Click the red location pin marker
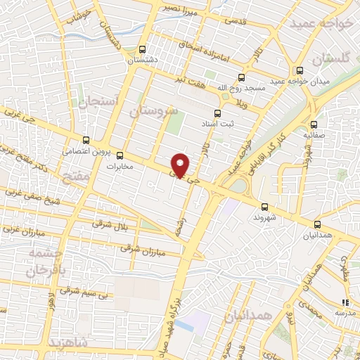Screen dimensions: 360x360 (x=180, y=165)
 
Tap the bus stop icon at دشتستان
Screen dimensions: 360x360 (x=143, y=50)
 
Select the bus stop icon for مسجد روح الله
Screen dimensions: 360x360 (x=241, y=77)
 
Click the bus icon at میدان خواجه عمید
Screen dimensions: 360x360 (x=300, y=70)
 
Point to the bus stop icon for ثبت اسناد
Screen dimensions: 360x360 (x=217, y=112)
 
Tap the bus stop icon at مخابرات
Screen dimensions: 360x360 (x=120, y=155)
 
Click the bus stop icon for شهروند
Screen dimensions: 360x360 (x=264, y=206)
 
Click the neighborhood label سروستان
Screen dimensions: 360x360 (x=152, y=110)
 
